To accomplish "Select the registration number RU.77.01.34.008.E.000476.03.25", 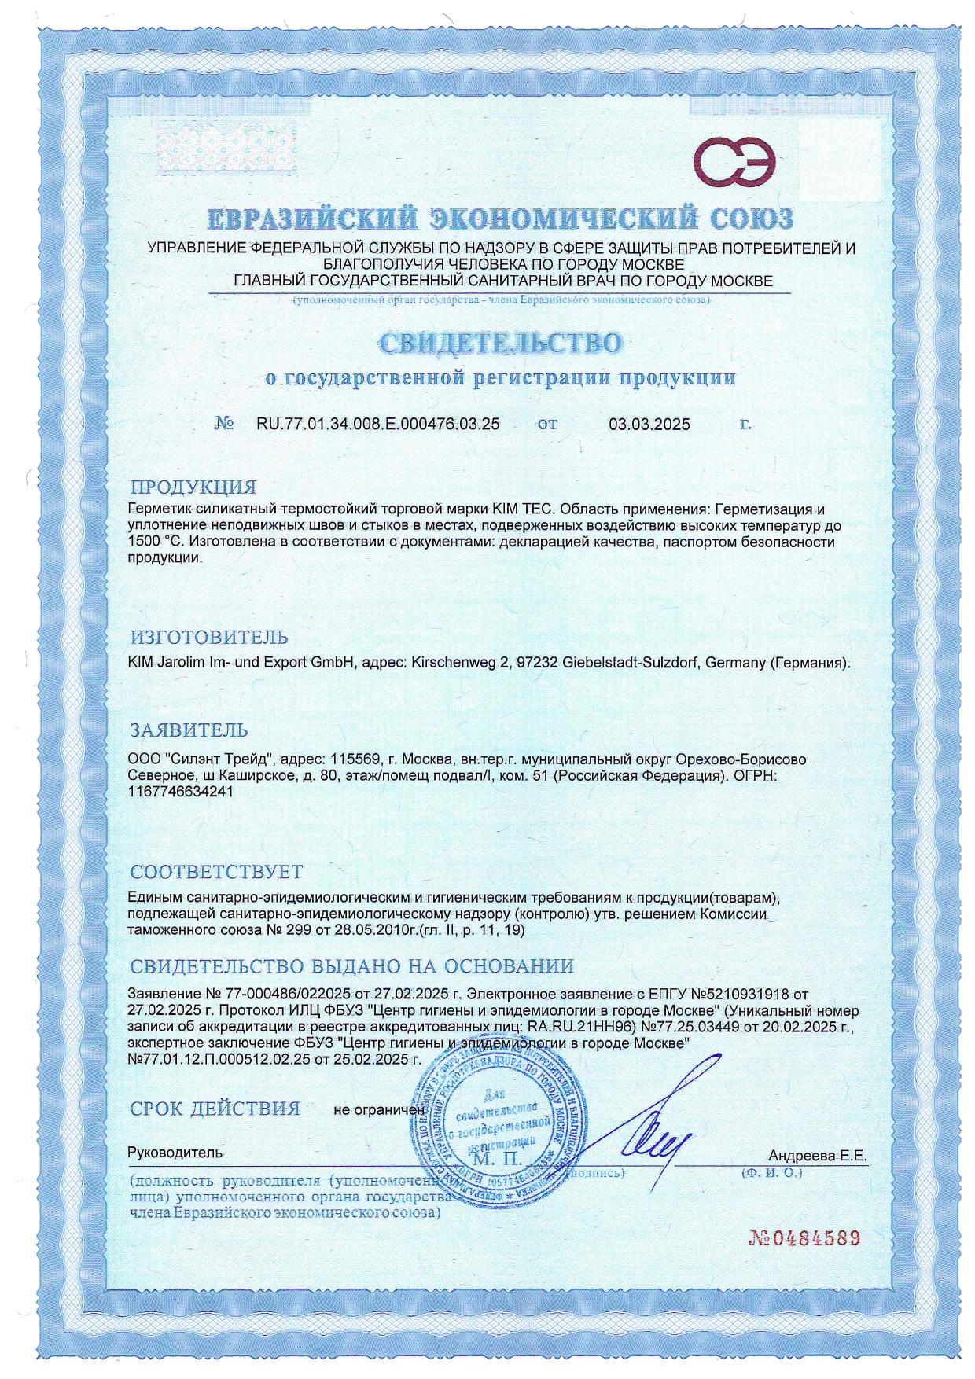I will [x=378, y=425].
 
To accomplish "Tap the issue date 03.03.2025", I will [x=649, y=425].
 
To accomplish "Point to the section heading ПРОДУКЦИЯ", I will [x=193, y=487].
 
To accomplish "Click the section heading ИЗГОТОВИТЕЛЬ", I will [x=208, y=637].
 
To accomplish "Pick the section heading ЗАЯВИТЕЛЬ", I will [x=189, y=730].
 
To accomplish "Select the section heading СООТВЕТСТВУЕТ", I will [x=216, y=872].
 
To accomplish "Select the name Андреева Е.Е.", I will [x=817, y=1156].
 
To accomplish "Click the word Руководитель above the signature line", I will [x=175, y=1153].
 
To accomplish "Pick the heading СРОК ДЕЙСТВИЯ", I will [x=215, y=1109].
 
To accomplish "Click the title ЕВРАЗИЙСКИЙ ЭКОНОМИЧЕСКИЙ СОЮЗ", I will [x=501, y=218].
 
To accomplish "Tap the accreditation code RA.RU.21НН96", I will [x=566, y=1027].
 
